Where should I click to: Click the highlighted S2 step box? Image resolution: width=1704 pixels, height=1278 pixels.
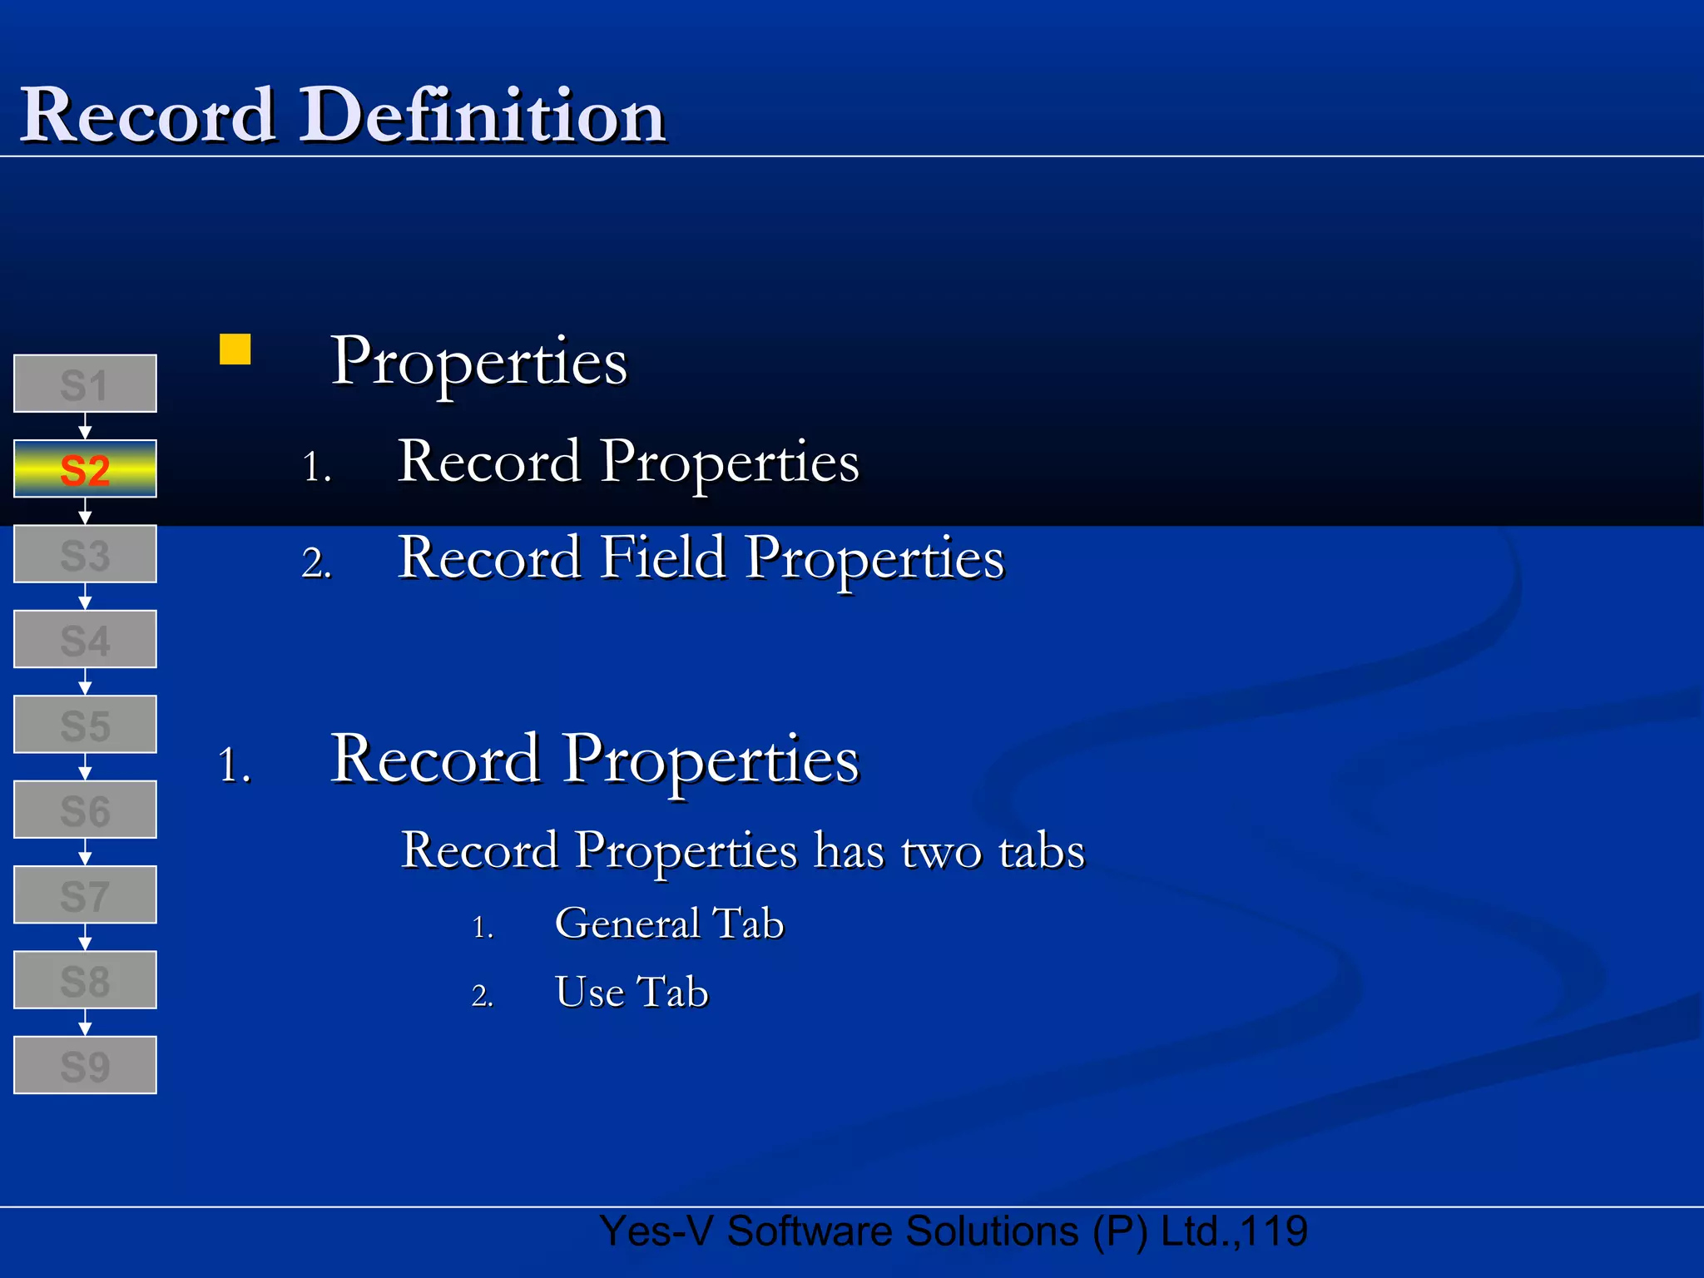pos(85,469)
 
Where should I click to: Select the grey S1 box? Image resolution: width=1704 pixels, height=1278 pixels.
pos(85,384)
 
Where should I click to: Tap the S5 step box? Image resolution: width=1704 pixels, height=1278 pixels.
pos(85,725)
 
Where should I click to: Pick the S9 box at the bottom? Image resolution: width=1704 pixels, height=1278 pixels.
pos(85,1065)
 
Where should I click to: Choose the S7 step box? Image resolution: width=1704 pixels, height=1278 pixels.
pos(85,895)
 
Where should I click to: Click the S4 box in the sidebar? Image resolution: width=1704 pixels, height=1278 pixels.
pos(85,640)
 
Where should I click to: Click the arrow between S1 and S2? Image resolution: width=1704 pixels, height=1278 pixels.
pos(85,427)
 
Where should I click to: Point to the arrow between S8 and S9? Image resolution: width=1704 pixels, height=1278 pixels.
pos(85,1023)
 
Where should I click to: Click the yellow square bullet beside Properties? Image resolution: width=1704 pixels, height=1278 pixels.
pos(235,349)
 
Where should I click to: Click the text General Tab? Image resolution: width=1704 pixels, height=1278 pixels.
pos(669,924)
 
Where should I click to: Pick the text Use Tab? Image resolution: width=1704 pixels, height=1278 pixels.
pos(632,992)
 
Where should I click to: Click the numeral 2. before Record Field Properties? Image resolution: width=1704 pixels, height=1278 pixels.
pos(316,564)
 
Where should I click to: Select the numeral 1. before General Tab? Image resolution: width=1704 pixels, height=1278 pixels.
pos(483,927)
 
